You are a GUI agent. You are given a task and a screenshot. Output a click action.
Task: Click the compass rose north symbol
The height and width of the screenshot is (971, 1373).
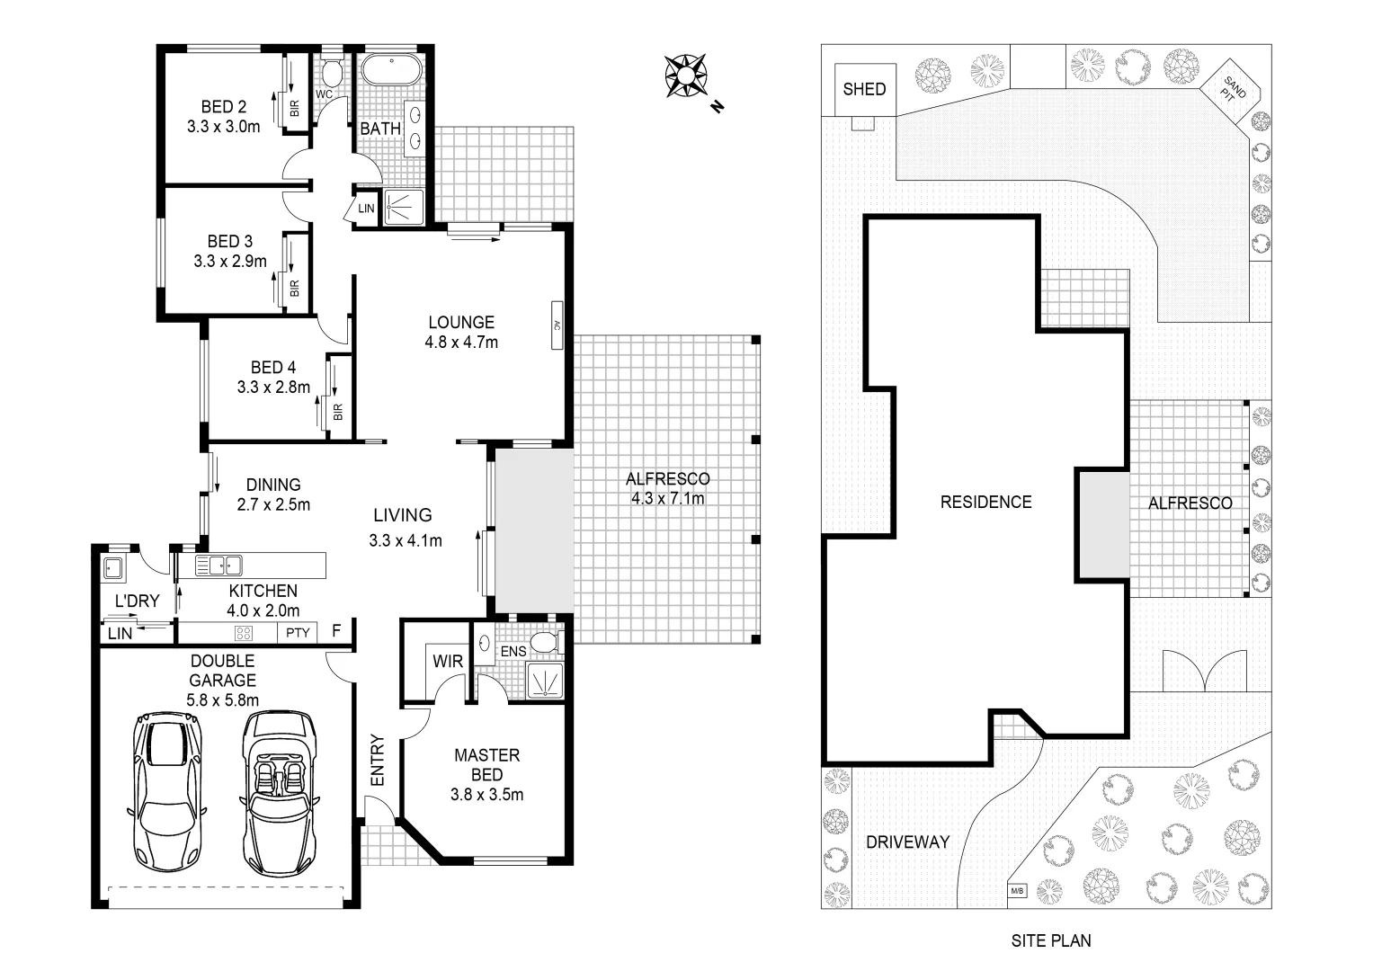pyautogui.click(x=685, y=76)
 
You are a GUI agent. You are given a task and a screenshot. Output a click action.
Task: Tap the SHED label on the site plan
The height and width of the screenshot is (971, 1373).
pyautogui.click(x=864, y=89)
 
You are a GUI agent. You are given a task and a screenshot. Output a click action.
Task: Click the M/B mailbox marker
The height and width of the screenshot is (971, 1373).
pyautogui.click(x=1017, y=891)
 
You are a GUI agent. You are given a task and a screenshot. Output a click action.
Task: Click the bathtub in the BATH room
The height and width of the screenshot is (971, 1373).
pyautogui.click(x=390, y=70)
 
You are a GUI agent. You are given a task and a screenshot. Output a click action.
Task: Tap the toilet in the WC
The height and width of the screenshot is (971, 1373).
pyautogui.click(x=331, y=72)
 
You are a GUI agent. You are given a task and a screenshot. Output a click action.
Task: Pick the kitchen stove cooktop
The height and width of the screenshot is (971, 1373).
pyautogui.click(x=244, y=632)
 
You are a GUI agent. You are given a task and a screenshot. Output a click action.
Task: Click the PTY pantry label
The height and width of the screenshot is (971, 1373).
pyautogui.click(x=298, y=632)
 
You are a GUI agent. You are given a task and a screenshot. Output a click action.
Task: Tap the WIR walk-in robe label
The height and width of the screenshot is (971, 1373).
pyautogui.click(x=448, y=661)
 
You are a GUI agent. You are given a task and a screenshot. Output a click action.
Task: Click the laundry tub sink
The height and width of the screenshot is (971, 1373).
pyautogui.click(x=112, y=567)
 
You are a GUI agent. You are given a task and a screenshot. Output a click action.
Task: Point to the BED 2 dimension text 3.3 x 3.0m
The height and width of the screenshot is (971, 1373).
pyautogui.click(x=224, y=127)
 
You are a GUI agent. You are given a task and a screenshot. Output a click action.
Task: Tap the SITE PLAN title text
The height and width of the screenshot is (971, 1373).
pyautogui.click(x=1050, y=940)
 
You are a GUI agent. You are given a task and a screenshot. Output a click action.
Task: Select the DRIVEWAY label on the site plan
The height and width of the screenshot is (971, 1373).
pyautogui.click(x=907, y=842)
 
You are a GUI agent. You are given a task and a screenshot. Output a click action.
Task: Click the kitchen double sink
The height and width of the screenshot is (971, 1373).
pyautogui.click(x=218, y=566)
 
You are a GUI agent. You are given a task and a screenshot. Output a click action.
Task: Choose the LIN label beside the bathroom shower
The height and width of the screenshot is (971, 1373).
pyautogui.click(x=366, y=209)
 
